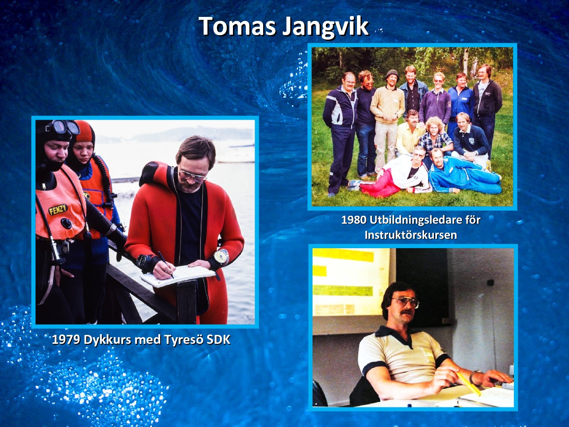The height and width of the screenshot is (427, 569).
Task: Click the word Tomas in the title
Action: click(x=237, y=26)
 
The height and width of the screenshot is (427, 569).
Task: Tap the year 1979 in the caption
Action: click(x=66, y=340)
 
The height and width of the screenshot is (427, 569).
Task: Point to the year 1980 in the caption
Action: click(x=354, y=220)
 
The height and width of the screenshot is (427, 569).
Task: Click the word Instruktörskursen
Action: click(x=411, y=235)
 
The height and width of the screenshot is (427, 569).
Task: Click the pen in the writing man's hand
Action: click(x=165, y=265)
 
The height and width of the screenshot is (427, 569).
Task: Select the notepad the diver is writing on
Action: click(x=178, y=276)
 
